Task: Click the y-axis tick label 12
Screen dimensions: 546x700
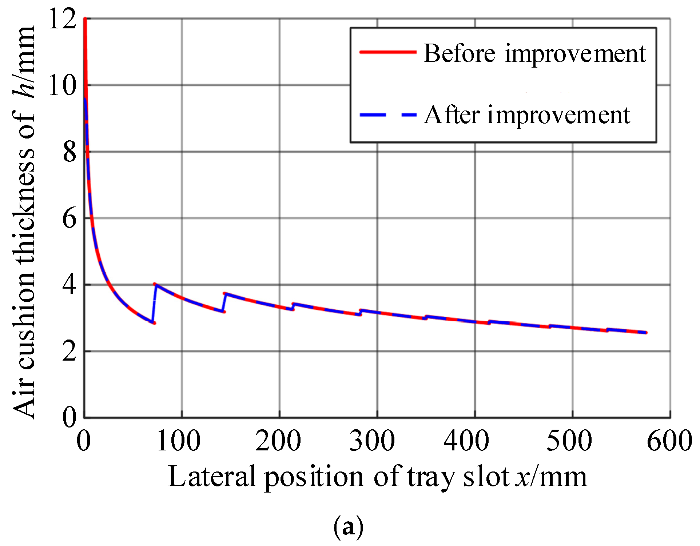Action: [x=62, y=19]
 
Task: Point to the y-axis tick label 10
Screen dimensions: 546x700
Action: [x=62, y=86]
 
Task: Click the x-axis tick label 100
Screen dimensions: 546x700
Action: [x=179, y=441]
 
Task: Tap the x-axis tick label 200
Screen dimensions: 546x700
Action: [x=278, y=441]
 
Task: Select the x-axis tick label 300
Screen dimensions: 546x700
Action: [x=372, y=441]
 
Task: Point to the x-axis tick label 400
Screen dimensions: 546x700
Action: [x=466, y=441]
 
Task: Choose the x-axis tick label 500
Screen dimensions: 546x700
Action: [x=569, y=441]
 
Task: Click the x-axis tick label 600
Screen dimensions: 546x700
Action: [x=669, y=441]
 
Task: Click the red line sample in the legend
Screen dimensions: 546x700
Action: [x=388, y=52]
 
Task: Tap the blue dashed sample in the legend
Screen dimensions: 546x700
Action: [x=388, y=115]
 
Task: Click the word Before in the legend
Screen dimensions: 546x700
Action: [x=460, y=54]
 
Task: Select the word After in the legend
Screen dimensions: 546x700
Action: [x=452, y=115]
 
